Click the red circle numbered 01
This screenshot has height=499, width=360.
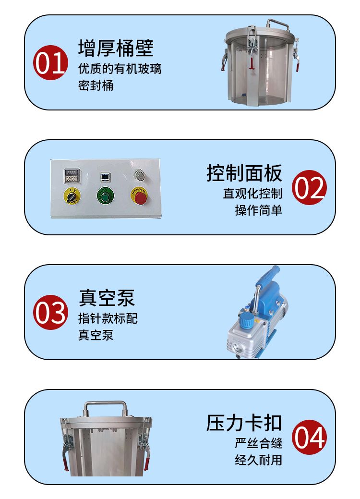tap(50, 62)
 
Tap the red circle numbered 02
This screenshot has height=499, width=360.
tap(309, 187)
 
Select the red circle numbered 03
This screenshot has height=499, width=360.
tap(50, 312)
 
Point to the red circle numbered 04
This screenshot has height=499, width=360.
tap(309, 437)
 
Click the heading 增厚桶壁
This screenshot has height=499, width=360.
tap(116, 48)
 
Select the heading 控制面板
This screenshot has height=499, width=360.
tap(244, 173)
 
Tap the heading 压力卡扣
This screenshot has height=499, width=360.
tap(244, 423)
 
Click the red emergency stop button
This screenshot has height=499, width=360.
tap(140, 197)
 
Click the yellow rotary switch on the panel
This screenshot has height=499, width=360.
tap(72, 196)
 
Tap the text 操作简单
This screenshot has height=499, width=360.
tap(259, 210)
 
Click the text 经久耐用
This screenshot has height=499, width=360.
tap(259, 460)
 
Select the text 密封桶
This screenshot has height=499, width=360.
tap(96, 85)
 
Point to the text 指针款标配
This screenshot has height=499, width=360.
tap(108, 318)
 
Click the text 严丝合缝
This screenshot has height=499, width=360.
tap(259, 443)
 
